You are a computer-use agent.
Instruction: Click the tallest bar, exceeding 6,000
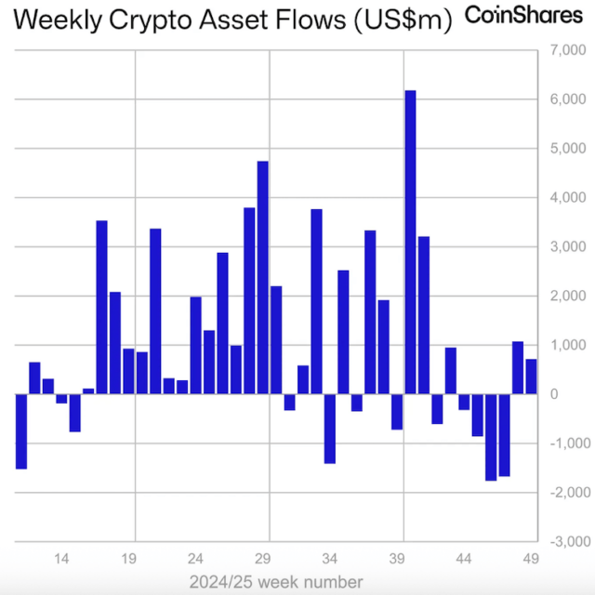pyautogui.click(x=410, y=242)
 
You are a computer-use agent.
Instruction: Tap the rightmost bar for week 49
pyautogui.click(x=531, y=377)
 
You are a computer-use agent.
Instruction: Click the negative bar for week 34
pyautogui.click(x=329, y=429)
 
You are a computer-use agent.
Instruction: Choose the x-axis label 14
pyautogui.click(x=62, y=560)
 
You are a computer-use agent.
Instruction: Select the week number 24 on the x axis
pyautogui.click(x=196, y=560)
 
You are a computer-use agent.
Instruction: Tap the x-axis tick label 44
pyautogui.click(x=463, y=560)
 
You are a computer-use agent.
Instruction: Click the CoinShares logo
pyautogui.click(x=523, y=16)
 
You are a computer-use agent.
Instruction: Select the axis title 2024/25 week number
pyautogui.click(x=275, y=582)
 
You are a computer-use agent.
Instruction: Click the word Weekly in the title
pyautogui.click(x=58, y=20)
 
